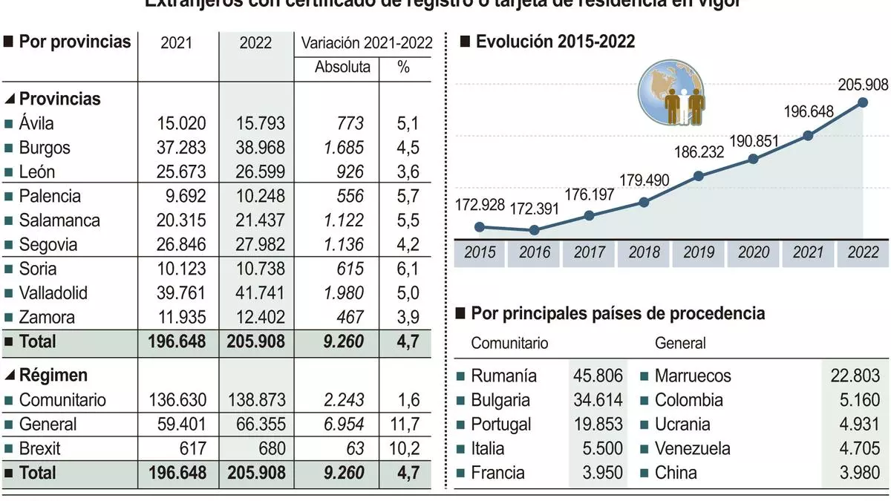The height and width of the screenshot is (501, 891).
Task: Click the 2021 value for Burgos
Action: pyautogui.click(x=182, y=148)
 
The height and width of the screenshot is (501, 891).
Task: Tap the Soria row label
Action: pyautogui.click(x=38, y=269)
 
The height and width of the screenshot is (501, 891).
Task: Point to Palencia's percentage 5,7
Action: pyautogui.click(x=408, y=197)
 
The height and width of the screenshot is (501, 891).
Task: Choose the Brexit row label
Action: pyautogui.click(x=39, y=448)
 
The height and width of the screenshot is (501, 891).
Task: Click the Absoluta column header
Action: pyautogui.click(x=342, y=68)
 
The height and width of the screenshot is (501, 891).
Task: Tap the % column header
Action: pyautogui.click(x=403, y=68)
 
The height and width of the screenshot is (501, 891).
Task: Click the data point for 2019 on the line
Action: pyautogui.click(x=699, y=176)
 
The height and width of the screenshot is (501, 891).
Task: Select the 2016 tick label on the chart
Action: pyautogui.click(x=534, y=252)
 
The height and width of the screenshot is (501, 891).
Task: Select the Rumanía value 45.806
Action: pyautogui.click(x=598, y=376)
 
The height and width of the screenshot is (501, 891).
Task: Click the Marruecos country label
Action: pyautogui.click(x=692, y=376)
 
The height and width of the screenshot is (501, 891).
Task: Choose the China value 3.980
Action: pyautogui.click(x=857, y=473)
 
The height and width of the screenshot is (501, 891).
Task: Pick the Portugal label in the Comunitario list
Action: pyautogui.click(x=501, y=425)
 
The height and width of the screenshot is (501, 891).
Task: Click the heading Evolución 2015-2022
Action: pyautogui.click(x=555, y=42)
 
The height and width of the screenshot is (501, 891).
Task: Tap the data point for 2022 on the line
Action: pyautogui.click(x=864, y=103)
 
